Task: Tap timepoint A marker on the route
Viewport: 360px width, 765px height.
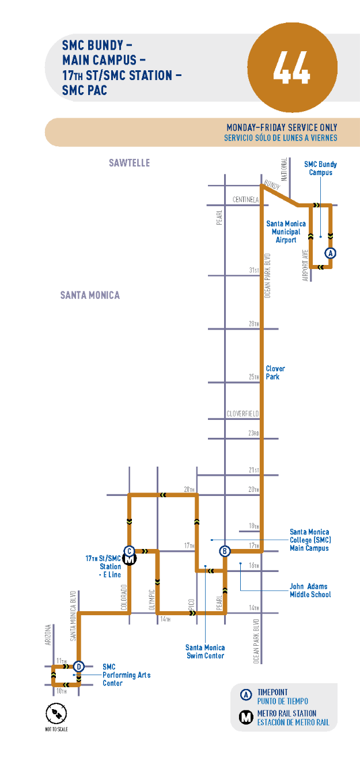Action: (x=330, y=252)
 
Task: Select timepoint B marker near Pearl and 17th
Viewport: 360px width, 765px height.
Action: (x=225, y=551)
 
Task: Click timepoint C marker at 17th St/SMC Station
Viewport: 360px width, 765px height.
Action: (x=130, y=551)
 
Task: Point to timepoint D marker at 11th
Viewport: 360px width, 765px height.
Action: (x=79, y=666)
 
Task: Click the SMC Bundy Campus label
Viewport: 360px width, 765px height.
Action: (x=320, y=168)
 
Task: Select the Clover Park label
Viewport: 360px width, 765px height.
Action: (x=275, y=372)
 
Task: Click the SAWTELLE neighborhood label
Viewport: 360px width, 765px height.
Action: (x=129, y=163)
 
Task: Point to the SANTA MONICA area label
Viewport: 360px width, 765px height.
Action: (x=90, y=295)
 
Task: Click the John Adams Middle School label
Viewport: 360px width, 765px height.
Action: (x=310, y=590)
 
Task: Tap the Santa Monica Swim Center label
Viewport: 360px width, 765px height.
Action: (x=205, y=652)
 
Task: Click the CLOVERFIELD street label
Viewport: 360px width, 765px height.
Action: (x=242, y=414)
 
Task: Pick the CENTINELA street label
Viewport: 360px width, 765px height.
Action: (x=247, y=199)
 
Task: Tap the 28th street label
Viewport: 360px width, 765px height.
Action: (x=254, y=324)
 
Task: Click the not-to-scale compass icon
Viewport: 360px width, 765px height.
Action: (x=56, y=715)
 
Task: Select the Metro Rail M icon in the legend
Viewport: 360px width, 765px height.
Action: (x=247, y=717)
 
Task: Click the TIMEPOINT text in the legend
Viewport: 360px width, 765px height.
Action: (x=272, y=692)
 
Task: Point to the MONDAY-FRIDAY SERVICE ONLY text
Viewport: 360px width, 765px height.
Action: (x=282, y=127)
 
